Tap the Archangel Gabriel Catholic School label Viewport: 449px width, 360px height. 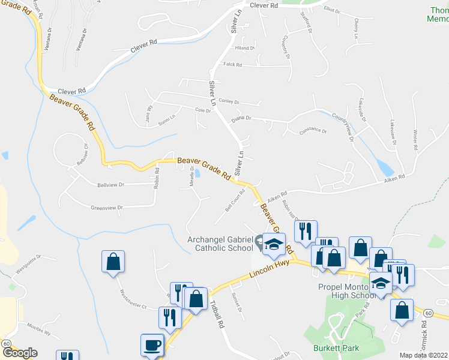[221, 244]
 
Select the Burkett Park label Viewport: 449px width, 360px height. [331, 347]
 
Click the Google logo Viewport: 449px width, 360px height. [19, 352]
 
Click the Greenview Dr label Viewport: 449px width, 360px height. [106, 208]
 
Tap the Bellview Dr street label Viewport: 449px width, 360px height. [110, 185]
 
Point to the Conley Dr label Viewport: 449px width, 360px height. [229, 102]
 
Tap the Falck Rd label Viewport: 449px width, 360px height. [232, 64]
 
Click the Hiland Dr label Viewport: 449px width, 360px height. [245, 48]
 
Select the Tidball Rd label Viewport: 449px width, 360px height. [217, 314]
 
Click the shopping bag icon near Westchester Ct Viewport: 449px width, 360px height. [113, 262]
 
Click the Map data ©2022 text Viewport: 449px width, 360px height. [424, 355]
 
